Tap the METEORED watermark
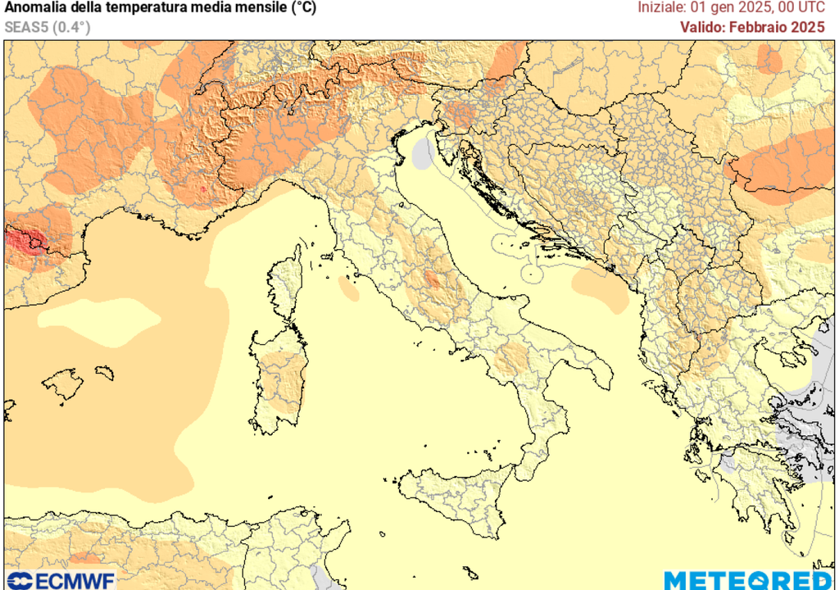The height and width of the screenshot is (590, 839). point(747,580)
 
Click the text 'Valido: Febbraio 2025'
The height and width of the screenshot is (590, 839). point(751,26)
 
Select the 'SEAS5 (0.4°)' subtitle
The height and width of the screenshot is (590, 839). point(47,26)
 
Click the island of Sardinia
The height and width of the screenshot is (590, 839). point(279,381)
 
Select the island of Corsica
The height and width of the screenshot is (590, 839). point(286,287)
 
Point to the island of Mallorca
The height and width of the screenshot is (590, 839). point(63,383)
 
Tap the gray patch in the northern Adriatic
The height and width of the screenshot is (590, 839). point(423,154)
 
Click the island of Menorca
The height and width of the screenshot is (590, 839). point(104,373)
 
